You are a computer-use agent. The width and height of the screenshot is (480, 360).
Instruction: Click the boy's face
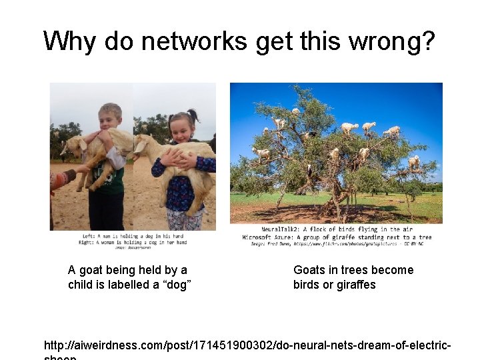(x=111, y=117)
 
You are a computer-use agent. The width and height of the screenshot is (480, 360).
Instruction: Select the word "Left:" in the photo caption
(x=89, y=236)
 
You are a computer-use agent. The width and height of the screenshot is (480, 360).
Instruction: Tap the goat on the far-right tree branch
(x=414, y=161)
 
